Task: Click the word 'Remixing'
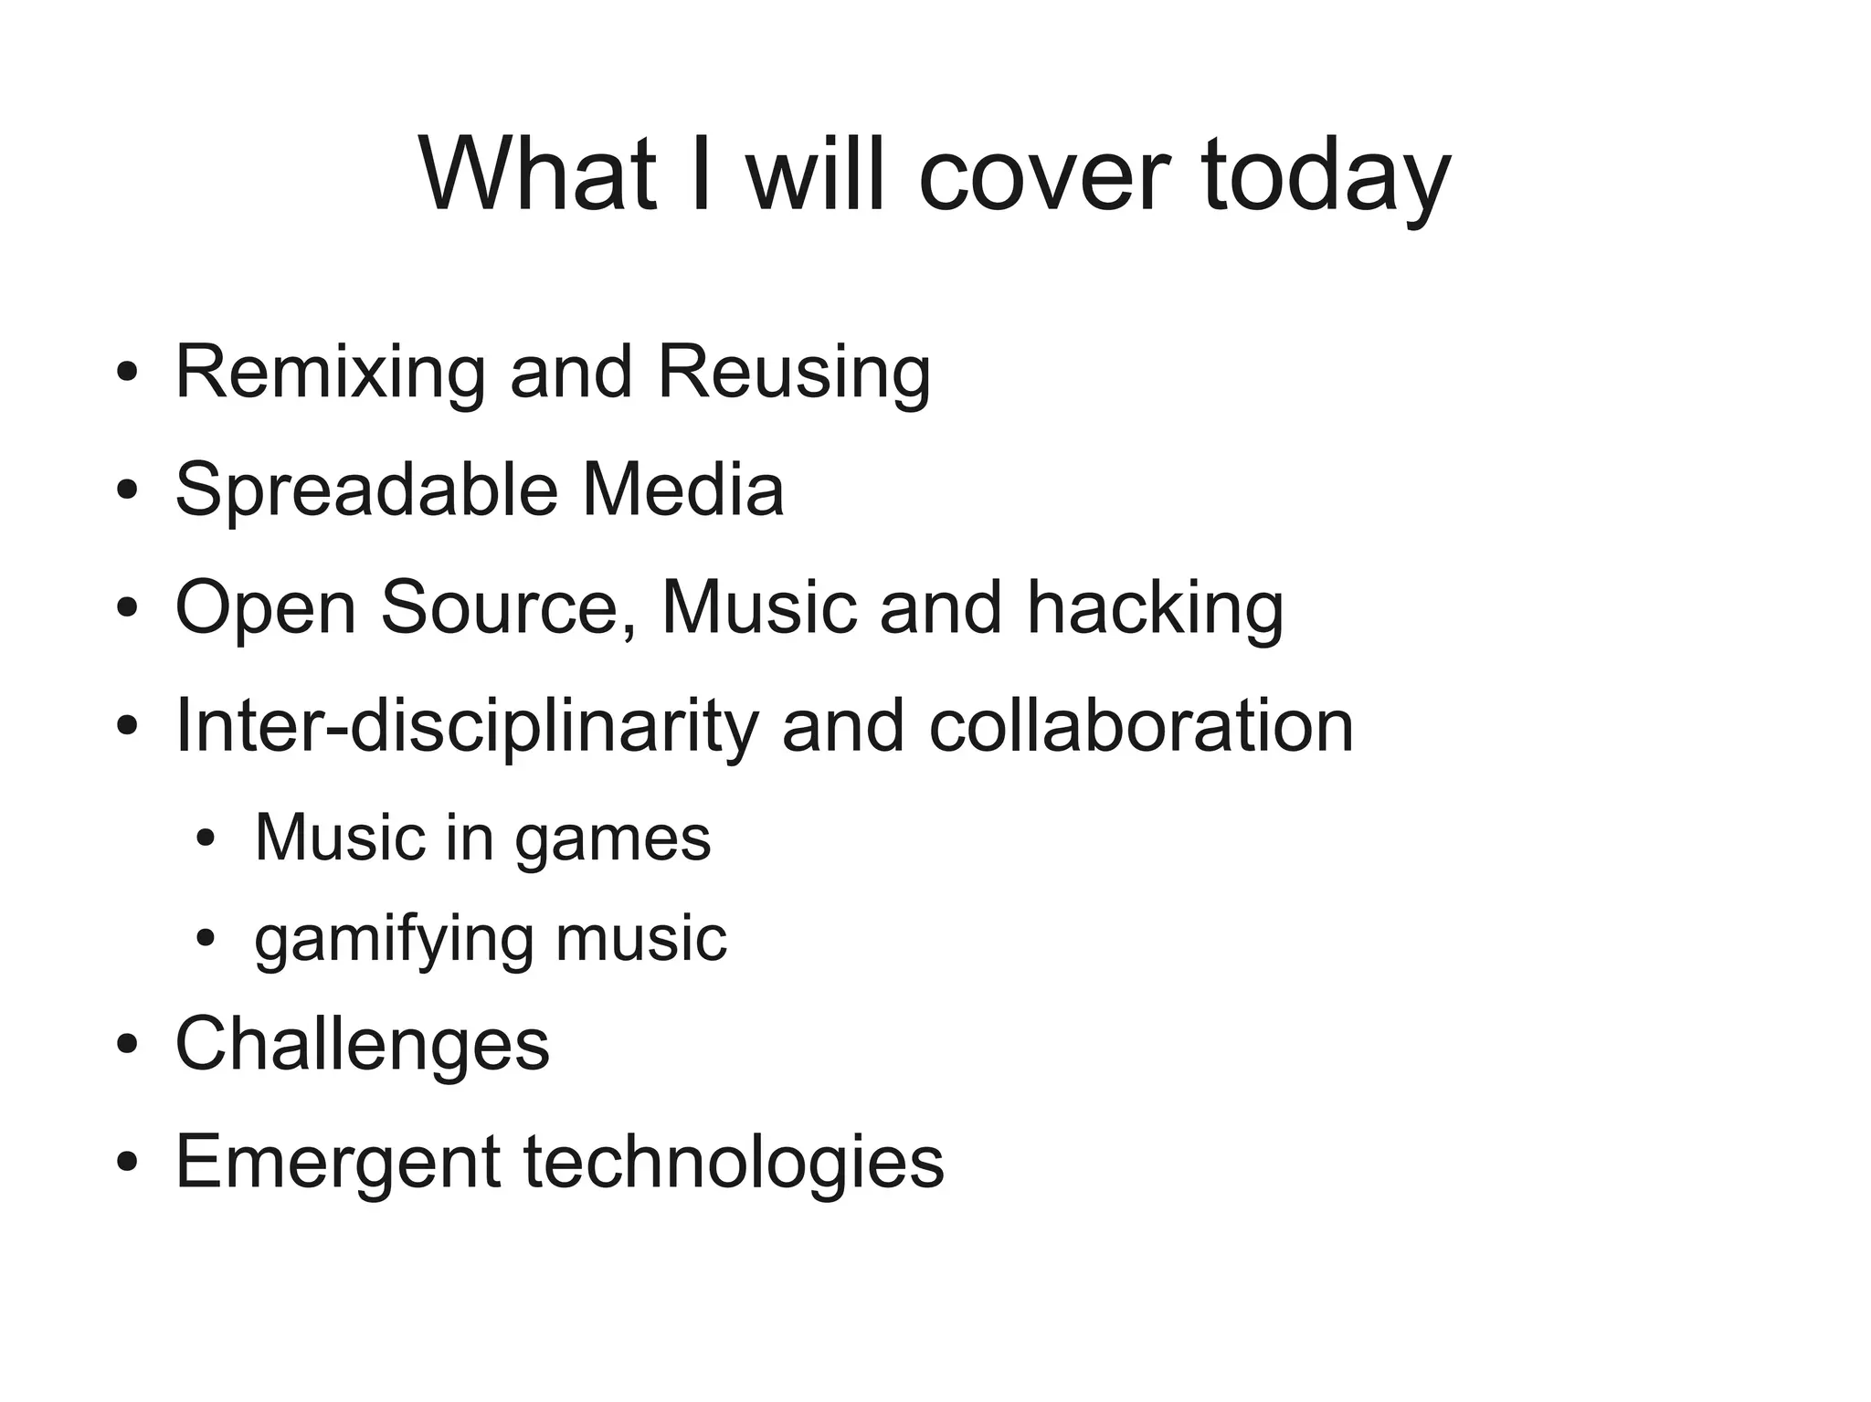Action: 330,373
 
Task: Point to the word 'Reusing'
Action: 794,373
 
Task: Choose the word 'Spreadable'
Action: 366,490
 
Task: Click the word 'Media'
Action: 683,490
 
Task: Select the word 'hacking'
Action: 1155,607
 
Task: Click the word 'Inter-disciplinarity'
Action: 467,726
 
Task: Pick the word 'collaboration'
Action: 1141,726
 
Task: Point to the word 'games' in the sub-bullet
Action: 612,838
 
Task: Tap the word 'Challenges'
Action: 363,1044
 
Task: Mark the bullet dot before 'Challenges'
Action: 127,1043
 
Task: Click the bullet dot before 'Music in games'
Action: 206,838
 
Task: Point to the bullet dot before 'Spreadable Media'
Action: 127,490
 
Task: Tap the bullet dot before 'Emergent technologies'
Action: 127,1161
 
